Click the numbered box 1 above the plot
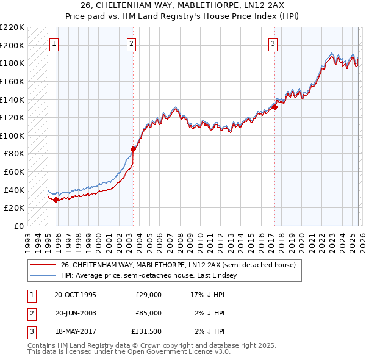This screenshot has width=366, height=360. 55,43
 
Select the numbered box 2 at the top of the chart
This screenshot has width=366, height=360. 132,43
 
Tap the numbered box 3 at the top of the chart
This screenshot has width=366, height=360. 273,43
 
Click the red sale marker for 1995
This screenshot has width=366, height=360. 56,200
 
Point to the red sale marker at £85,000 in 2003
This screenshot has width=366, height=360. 133,148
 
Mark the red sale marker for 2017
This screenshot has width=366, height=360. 274,107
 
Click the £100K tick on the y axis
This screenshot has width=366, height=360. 12,135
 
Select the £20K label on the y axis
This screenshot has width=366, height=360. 14,208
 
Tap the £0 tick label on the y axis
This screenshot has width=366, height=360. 18,226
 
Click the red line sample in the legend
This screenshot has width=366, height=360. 43,265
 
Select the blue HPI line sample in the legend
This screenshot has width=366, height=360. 43,276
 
